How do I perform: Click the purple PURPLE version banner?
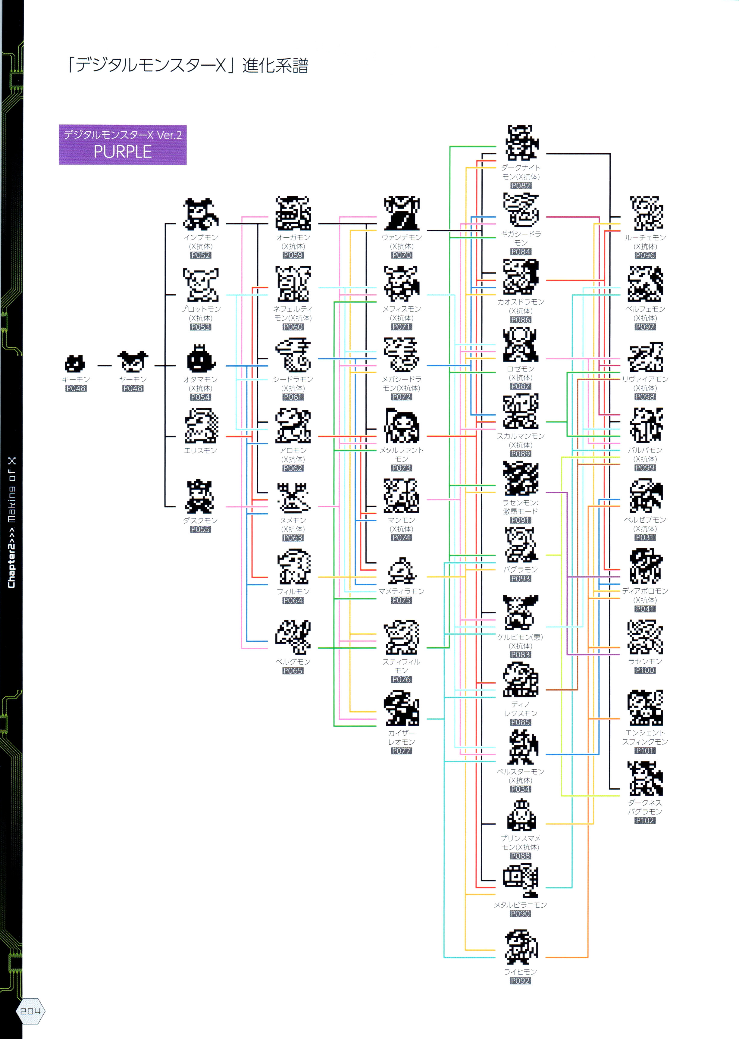click(x=122, y=145)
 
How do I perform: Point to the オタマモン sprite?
click(x=200, y=359)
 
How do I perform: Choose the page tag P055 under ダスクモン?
click(x=200, y=529)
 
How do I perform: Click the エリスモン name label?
click(x=200, y=450)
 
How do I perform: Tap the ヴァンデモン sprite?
click(x=401, y=213)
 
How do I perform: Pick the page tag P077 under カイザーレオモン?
click(x=401, y=751)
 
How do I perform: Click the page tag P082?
click(x=520, y=186)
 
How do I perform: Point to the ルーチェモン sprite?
click(x=646, y=213)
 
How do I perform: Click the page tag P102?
click(x=645, y=820)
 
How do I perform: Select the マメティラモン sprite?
click(x=401, y=571)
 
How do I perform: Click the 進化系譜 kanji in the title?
click(x=275, y=65)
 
